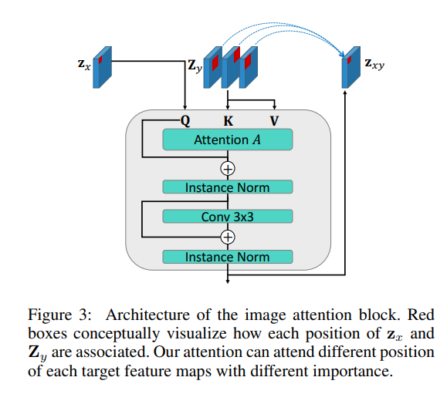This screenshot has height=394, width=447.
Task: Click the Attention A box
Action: tap(228, 140)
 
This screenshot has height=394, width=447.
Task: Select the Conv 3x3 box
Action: tap(228, 217)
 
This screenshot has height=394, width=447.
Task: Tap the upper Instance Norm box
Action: tap(228, 187)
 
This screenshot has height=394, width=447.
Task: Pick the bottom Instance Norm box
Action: tap(228, 257)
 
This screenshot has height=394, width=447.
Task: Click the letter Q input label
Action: tap(185, 121)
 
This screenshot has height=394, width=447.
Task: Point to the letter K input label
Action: tap(228, 121)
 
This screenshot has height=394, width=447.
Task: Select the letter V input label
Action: tap(274, 121)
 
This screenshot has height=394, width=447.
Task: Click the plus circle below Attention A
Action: tap(228, 169)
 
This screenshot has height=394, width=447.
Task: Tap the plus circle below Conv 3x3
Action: tap(228, 237)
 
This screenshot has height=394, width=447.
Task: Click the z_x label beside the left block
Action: tap(84, 64)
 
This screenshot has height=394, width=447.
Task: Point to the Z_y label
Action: tap(195, 66)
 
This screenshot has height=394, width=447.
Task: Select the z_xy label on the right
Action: tap(374, 64)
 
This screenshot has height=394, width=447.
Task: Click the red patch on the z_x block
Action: tap(100, 60)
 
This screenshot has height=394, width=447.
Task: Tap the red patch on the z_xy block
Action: tap(349, 60)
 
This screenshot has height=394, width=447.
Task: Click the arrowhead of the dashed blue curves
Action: tap(343, 55)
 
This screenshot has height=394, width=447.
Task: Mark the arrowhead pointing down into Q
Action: tap(185, 107)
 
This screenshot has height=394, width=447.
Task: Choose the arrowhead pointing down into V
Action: tap(274, 107)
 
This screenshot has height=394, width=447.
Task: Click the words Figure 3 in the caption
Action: tap(59, 315)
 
